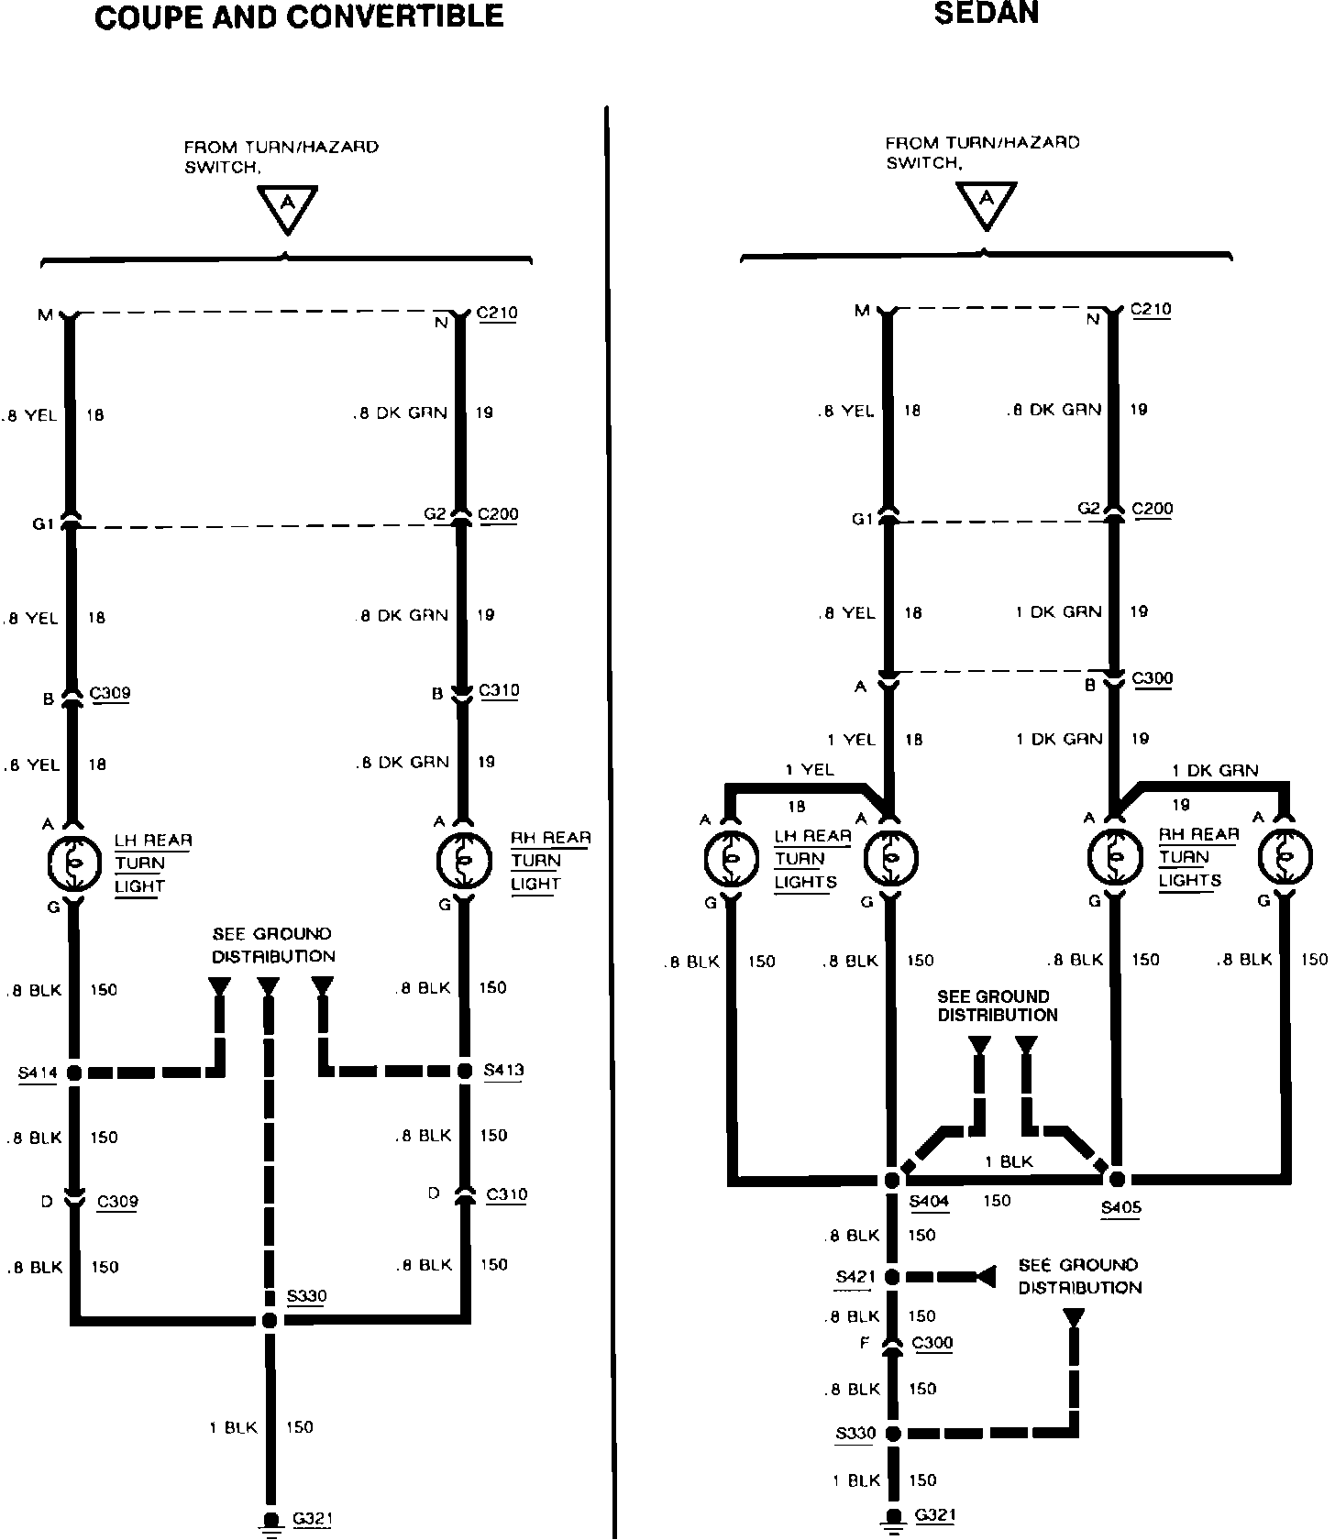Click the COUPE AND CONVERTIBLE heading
299,16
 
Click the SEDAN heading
986,13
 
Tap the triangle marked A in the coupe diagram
287,207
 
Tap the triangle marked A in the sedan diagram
987,203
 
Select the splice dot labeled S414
74,1072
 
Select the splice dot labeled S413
466,1071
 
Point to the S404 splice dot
891,1180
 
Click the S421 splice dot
891,1276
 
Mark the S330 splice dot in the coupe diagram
269,1320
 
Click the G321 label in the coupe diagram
312,1519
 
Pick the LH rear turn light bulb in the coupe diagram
73,863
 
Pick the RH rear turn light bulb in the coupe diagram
463,860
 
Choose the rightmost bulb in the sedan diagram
1285,857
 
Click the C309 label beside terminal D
117,1202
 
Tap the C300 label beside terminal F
932,1343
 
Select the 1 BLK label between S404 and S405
1009,1161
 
